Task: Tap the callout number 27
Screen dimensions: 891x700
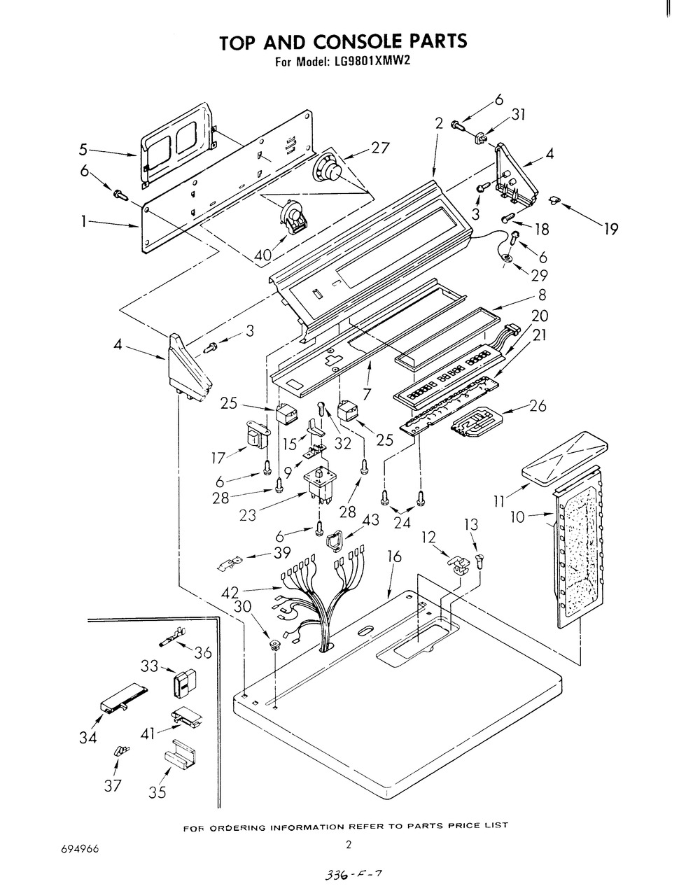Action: tap(380, 148)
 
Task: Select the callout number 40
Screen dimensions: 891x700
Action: tap(263, 255)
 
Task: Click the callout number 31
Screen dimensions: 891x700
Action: tap(519, 115)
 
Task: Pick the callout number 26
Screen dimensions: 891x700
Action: tap(538, 405)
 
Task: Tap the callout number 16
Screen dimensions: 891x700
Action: tap(394, 556)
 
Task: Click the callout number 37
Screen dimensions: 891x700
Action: tap(113, 785)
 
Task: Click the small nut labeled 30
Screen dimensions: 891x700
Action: tap(275, 643)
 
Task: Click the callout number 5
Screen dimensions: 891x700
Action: tap(83, 149)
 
